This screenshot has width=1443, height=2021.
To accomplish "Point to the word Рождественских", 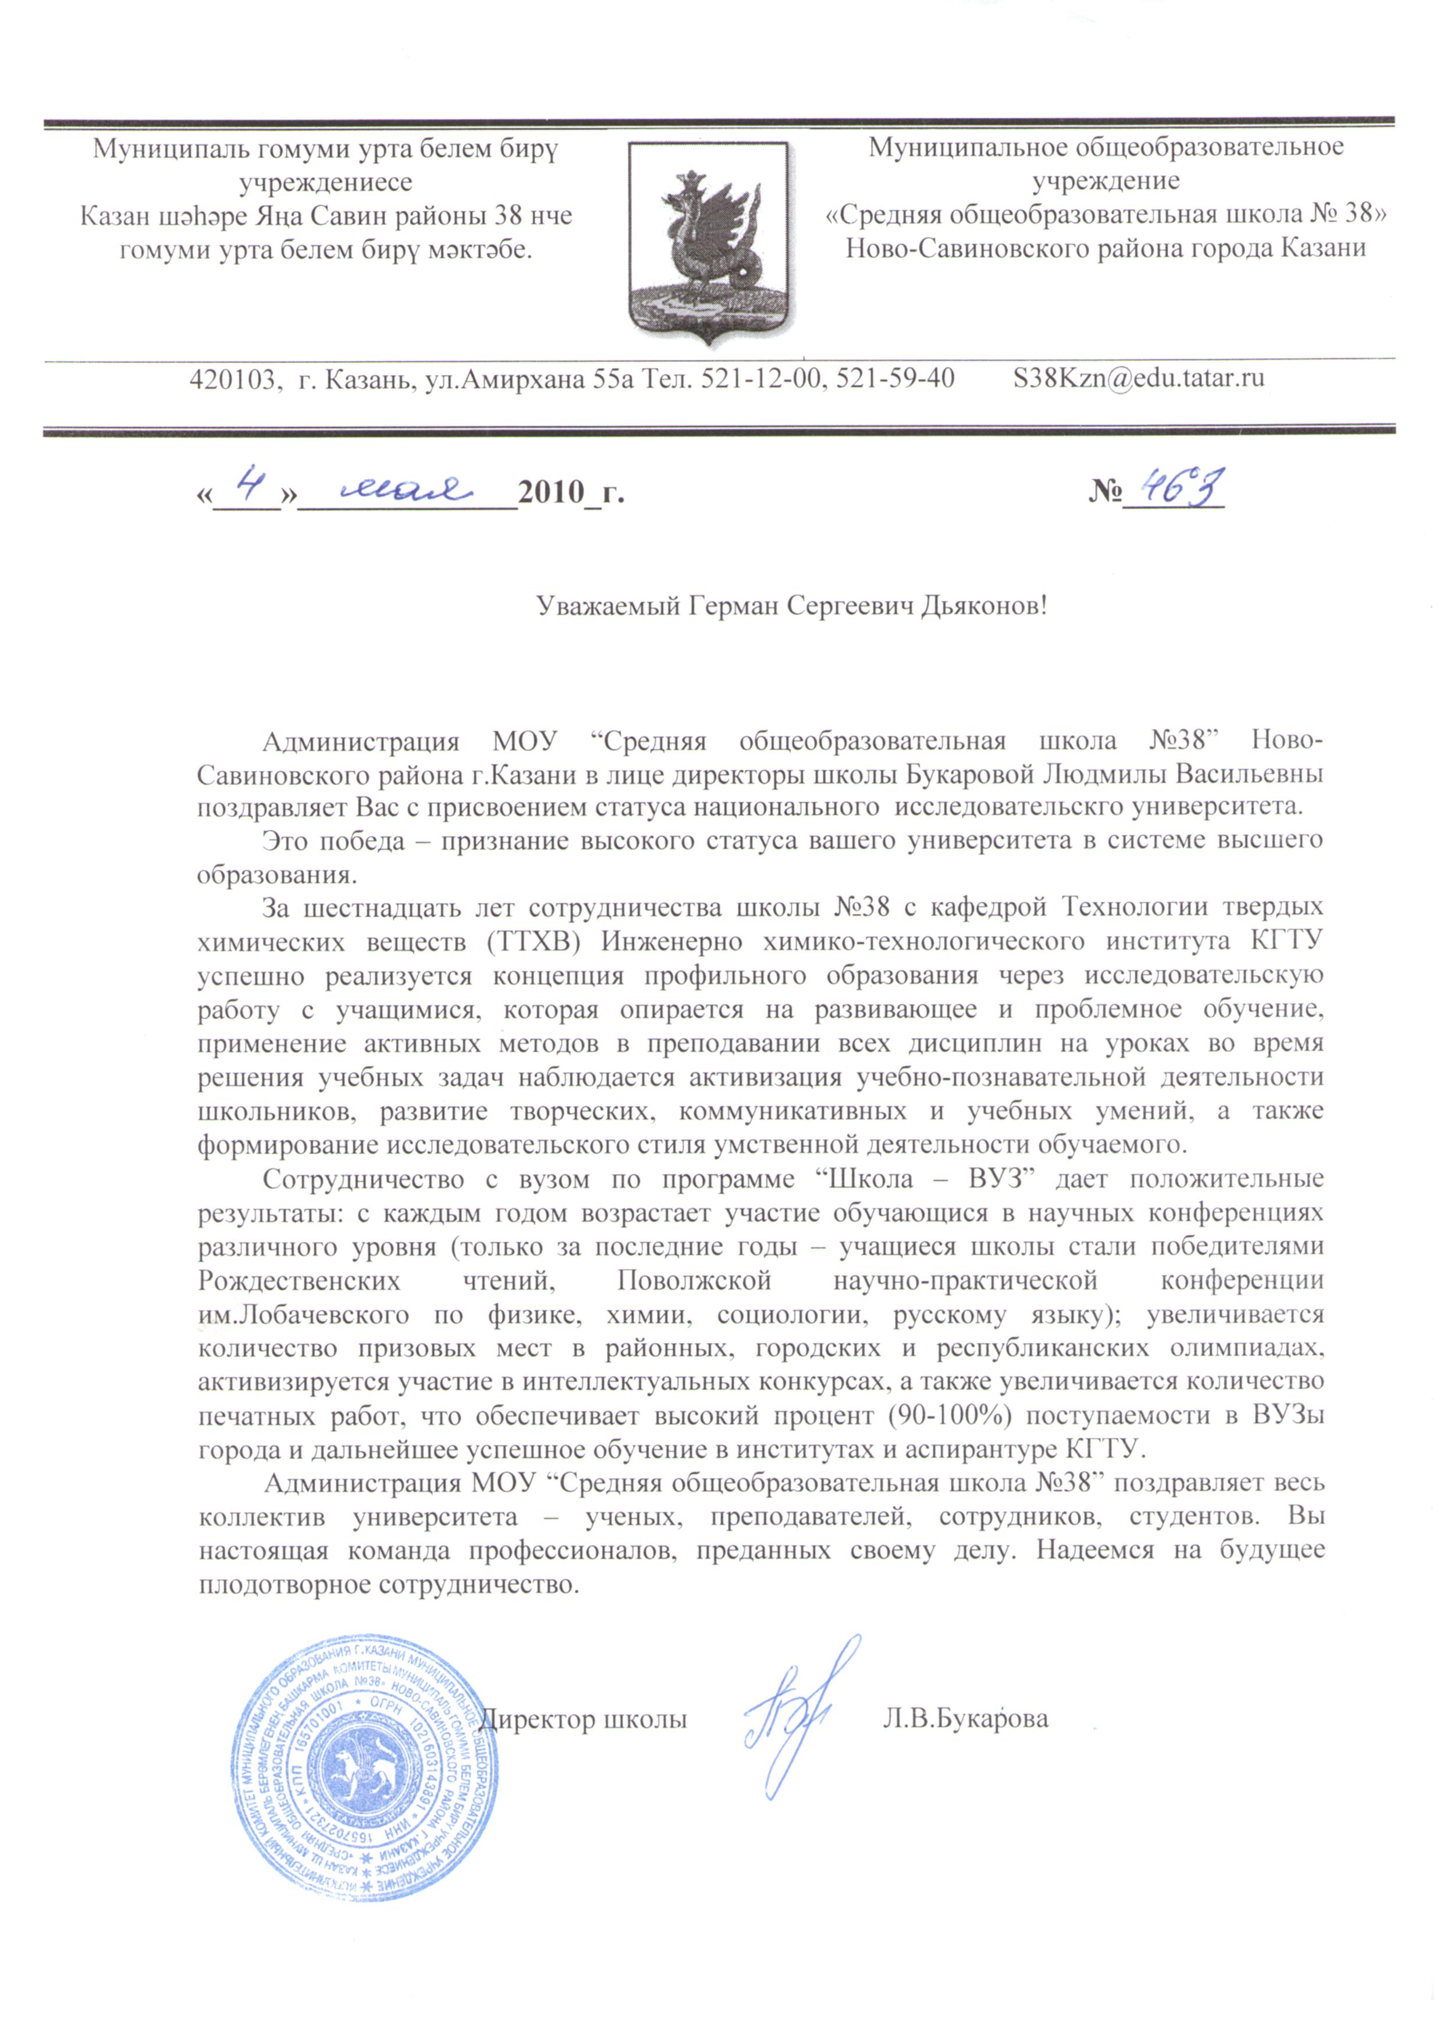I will [x=298, y=1281].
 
